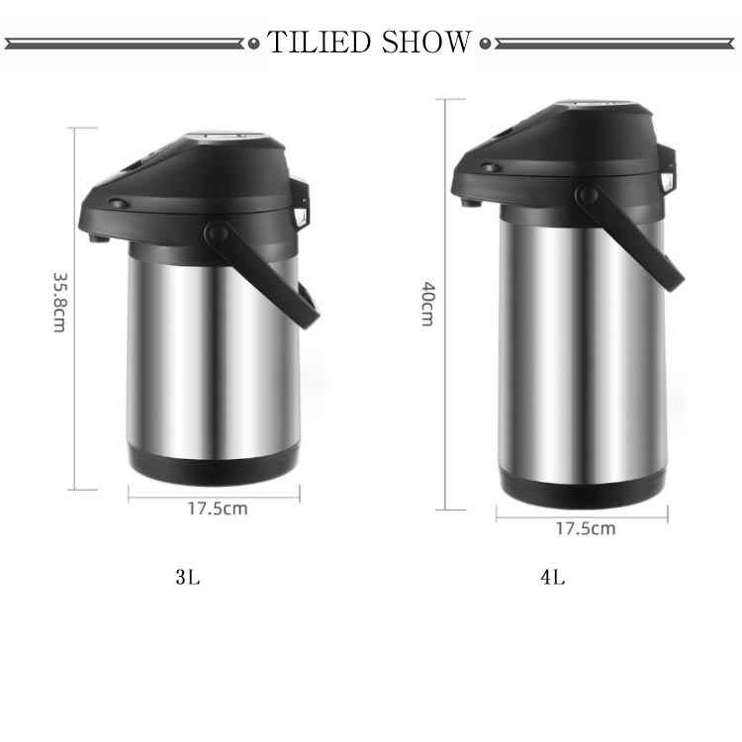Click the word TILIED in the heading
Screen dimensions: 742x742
[319, 42]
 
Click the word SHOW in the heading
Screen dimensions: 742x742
[426, 42]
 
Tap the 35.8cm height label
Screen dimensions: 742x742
[60, 303]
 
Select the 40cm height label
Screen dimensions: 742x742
[428, 305]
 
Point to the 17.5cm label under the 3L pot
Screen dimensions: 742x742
[218, 509]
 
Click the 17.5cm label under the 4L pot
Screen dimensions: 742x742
[586, 528]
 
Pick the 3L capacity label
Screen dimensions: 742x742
[188, 577]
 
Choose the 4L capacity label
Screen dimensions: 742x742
[553, 577]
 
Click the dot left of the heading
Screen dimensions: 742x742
[254, 44]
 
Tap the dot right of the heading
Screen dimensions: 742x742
[485, 44]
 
